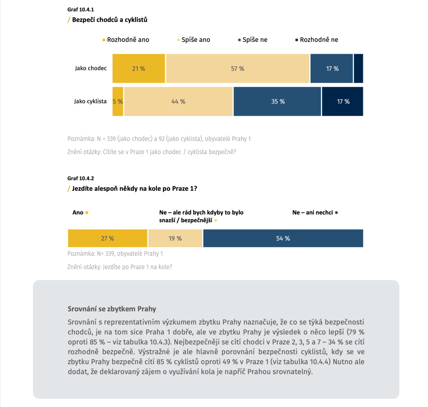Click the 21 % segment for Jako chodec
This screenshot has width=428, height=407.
[x=139, y=68]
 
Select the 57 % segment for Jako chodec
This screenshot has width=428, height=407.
[x=238, y=68]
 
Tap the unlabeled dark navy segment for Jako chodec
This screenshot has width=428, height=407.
[x=358, y=68]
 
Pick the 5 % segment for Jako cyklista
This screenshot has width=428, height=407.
[x=118, y=101]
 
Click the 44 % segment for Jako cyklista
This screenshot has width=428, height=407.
[x=178, y=101]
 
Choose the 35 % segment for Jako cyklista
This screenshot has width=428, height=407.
[x=277, y=101]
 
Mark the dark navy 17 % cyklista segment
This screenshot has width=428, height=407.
[x=343, y=101]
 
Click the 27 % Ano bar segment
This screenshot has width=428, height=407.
[x=107, y=238]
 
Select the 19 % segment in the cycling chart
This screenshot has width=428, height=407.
[x=175, y=238]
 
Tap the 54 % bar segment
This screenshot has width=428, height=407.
[x=283, y=238]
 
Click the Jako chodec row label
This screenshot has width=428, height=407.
[x=91, y=68]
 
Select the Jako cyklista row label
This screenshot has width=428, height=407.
[x=90, y=101]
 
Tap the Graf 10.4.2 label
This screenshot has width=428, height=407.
[x=81, y=178]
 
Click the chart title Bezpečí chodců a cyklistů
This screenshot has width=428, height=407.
[x=110, y=20]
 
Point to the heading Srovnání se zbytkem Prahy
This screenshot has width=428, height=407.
[x=112, y=309]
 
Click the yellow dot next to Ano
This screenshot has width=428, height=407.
[x=87, y=213]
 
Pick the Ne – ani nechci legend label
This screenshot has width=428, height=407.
[x=312, y=213]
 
